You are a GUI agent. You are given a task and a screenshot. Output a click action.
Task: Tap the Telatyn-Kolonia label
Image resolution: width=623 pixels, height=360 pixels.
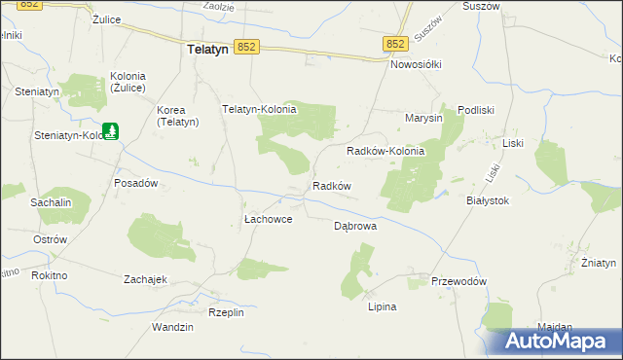pyautogui.click(x=259, y=110)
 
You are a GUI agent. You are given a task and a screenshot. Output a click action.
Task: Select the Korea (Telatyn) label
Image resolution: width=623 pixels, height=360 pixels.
pyautogui.click(x=178, y=116)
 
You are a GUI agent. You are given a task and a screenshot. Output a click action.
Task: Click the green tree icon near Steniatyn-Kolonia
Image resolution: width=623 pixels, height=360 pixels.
pyautogui.click(x=111, y=129)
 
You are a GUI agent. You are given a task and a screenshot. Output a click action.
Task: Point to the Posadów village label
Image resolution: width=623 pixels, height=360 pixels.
pyautogui.click(x=136, y=183)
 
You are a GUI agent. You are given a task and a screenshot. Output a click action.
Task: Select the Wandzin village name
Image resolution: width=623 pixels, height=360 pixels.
pyautogui.click(x=172, y=327)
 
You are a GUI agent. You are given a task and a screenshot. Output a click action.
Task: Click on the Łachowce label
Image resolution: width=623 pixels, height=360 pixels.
pyautogui.click(x=268, y=220)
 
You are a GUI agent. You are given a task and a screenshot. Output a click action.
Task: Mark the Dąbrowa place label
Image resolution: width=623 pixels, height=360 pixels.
pyautogui.click(x=355, y=225)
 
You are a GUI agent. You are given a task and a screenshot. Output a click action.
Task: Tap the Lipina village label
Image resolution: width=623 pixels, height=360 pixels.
pyautogui.click(x=382, y=306)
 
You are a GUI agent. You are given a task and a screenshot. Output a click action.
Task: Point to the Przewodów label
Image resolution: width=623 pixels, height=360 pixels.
pyautogui.click(x=458, y=281)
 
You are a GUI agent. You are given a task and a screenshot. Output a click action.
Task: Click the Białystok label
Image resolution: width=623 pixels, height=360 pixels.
pyautogui.click(x=489, y=199)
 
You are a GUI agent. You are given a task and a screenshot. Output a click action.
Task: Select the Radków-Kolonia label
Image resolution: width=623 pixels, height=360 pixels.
pyautogui.click(x=386, y=152)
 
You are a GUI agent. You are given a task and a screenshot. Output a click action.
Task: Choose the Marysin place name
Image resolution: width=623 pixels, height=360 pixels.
pyautogui.click(x=424, y=118)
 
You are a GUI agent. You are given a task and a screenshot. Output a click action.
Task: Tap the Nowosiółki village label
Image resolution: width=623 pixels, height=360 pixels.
pyautogui.click(x=416, y=64)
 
